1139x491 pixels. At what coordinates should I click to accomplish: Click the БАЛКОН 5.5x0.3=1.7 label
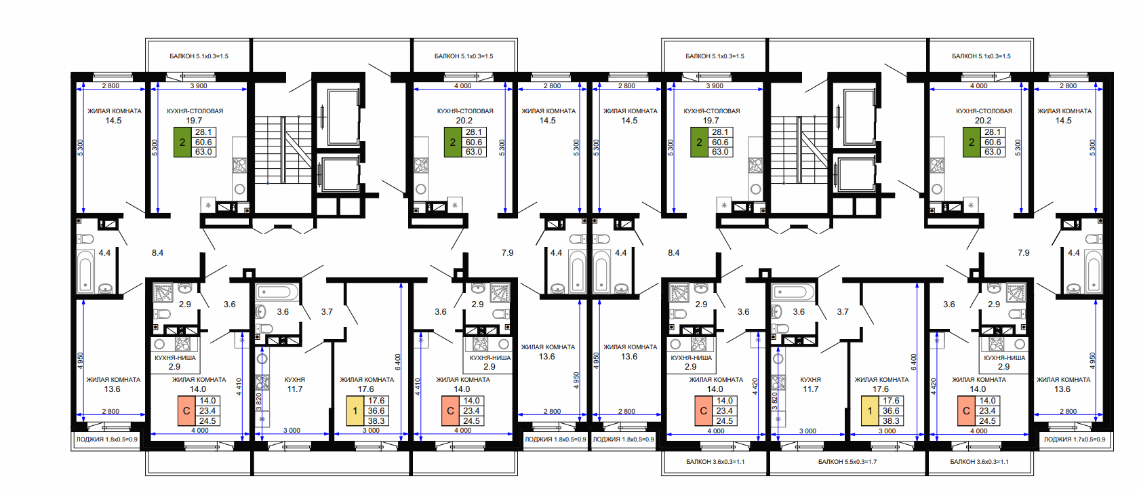click(x=847, y=462)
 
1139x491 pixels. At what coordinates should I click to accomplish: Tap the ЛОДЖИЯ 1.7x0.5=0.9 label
click(x=1075, y=439)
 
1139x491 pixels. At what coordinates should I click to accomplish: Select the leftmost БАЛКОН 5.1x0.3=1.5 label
click(x=199, y=56)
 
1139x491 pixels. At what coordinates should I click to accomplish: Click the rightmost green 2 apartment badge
click(x=971, y=142)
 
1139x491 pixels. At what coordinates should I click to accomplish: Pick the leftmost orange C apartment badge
click(x=186, y=411)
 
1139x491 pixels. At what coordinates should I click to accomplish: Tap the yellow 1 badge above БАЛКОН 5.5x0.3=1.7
click(x=869, y=411)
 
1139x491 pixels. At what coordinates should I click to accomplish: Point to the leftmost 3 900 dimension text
click(x=199, y=86)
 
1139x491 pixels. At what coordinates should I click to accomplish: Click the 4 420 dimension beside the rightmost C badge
click(x=934, y=387)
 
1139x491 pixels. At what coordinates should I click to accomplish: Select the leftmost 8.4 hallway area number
click(x=157, y=253)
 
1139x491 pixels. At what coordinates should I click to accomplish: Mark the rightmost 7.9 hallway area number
click(x=1024, y=253)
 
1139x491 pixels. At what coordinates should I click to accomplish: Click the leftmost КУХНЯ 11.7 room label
click(x=295, y=385)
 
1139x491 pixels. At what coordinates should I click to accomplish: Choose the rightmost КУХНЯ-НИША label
click(x=1004, y=358)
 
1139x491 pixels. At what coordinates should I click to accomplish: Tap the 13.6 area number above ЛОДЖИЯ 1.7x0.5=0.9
click(x=1062, y=389)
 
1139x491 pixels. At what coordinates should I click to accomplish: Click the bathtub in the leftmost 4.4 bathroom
click(x=85, y=272)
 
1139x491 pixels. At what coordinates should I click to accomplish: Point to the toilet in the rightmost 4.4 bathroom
click(x=1093, y=239)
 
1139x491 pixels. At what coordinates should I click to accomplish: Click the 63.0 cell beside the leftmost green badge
click(x=203, y=152)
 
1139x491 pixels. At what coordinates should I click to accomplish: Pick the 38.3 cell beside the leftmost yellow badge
click(x=376, y=420)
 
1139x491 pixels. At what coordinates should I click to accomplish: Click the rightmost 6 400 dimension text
click(x=914, y=362)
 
